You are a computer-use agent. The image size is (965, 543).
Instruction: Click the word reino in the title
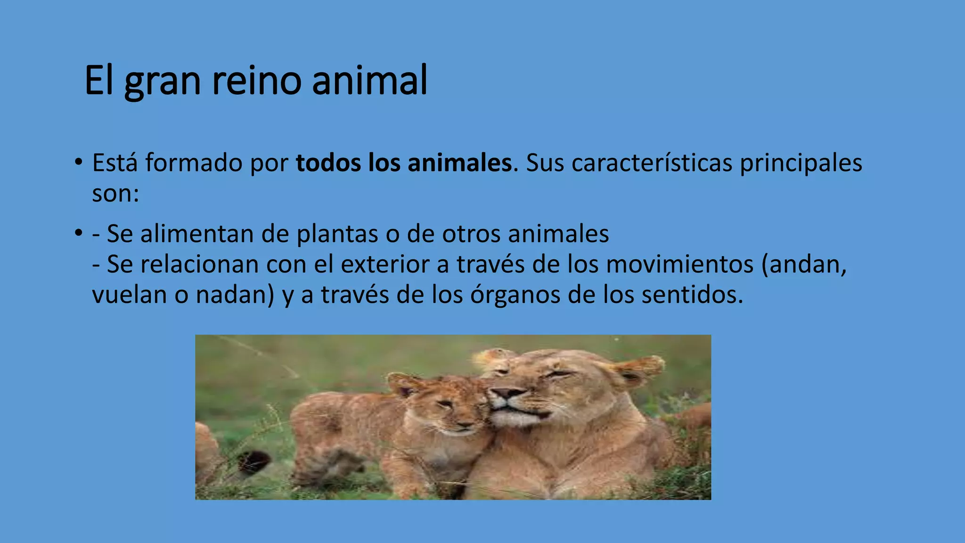tap(256, 81)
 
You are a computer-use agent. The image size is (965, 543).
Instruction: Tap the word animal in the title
tap(369, 81)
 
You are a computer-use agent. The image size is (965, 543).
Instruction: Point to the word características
tap(652, 163)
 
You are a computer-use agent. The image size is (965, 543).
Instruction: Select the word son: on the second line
tap(115, 194)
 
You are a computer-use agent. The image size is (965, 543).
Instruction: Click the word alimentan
tap(197, 234)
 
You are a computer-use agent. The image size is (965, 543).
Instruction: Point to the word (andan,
tap(804, 265)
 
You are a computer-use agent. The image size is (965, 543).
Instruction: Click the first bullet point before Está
tap(78, 163)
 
